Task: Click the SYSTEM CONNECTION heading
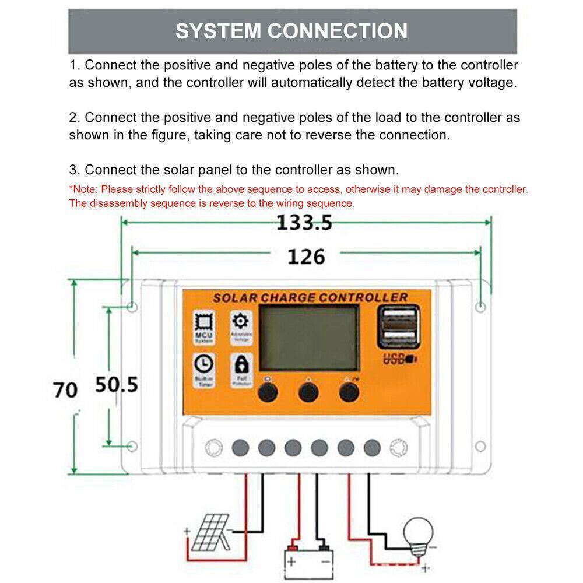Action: point(291,31)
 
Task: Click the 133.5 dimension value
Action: point(304,222)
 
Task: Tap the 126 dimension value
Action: point(306,256)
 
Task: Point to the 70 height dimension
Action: point(65,389)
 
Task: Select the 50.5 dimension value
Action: point(117,384)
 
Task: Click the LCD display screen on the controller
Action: point(308,339)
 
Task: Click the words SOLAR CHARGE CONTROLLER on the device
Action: point(310,297)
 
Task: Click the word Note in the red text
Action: point(85,189)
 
